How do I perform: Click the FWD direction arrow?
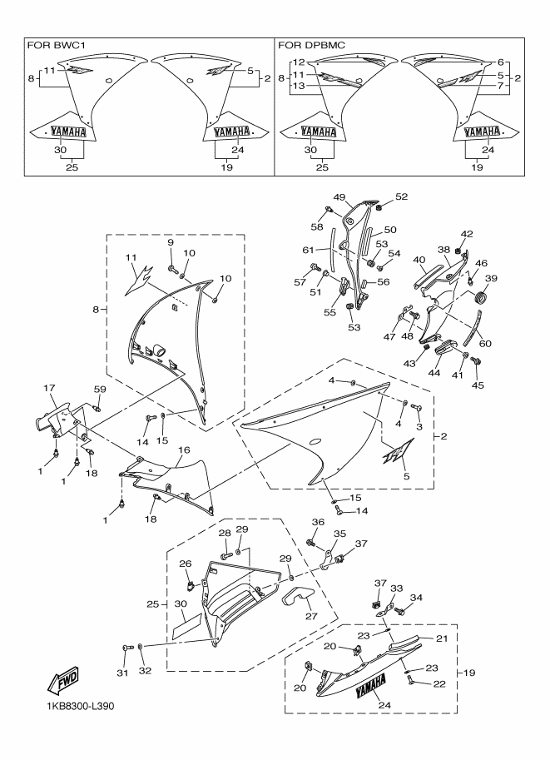62,681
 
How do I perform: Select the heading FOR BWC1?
54,46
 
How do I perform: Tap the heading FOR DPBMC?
311,46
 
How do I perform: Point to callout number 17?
49,388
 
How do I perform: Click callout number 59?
99,390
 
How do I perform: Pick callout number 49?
339,196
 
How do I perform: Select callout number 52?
401,196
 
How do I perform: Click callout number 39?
491,278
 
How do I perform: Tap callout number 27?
311,615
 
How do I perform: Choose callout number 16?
184,450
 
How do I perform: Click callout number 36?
318,522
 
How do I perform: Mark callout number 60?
484,343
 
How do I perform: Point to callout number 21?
442,638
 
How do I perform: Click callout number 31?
122,673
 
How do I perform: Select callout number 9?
171,242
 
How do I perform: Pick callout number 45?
478,385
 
